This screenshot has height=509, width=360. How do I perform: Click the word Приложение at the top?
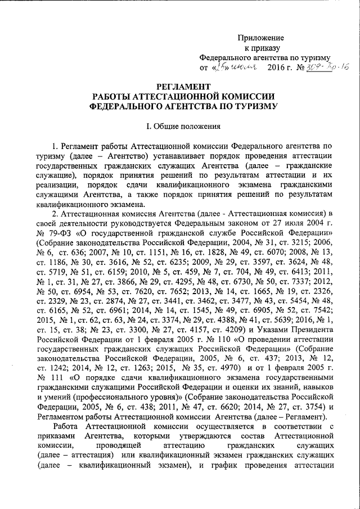tap(261, 37)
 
